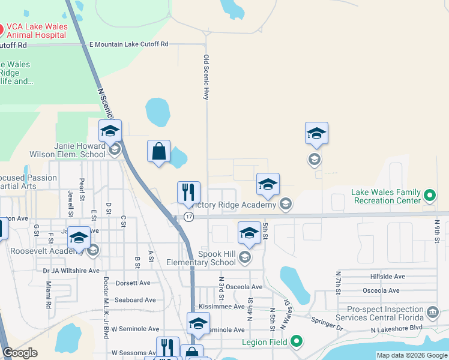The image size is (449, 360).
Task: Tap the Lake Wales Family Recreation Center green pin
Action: [x=429, y=196]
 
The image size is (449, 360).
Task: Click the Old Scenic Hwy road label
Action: [x=206, y=77]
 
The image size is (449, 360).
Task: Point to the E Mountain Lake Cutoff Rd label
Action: [x=129, y=44]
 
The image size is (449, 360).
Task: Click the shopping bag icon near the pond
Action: [x=159, y=152]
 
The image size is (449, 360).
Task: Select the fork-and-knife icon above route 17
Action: [x=188, y=193]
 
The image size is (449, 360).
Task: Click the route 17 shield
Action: [x=189, y=217]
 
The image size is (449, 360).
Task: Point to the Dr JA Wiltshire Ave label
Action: [x=71, y=271]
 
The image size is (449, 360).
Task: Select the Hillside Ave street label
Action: [x=388, y=277]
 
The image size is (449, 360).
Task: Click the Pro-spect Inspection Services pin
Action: [x=433, y=312]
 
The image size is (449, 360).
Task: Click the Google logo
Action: [x=20, y=353]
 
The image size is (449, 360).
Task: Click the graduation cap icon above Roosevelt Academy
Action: [x=79, y=238]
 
